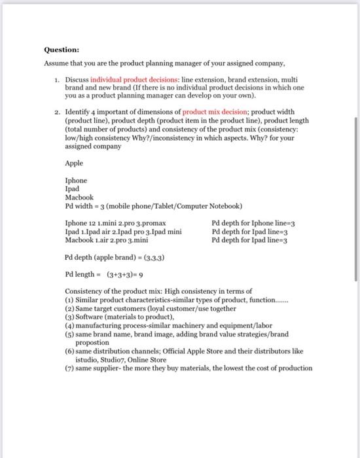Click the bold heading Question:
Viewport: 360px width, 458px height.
pos(62,49)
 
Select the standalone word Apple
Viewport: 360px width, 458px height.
pos(74,164)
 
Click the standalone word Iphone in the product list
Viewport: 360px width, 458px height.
pos(76,181)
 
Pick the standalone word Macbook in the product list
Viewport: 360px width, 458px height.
pos(79,197)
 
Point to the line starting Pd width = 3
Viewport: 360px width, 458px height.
pos(154,206)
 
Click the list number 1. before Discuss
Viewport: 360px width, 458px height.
pos(59,79)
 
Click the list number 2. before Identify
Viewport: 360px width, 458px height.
pos(59,113)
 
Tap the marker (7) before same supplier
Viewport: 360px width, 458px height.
pos(69,368)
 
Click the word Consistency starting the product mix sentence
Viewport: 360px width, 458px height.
pos(85,291)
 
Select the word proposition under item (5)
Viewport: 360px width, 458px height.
pos(94,342)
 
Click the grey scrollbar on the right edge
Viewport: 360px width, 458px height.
pos(355,196)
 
